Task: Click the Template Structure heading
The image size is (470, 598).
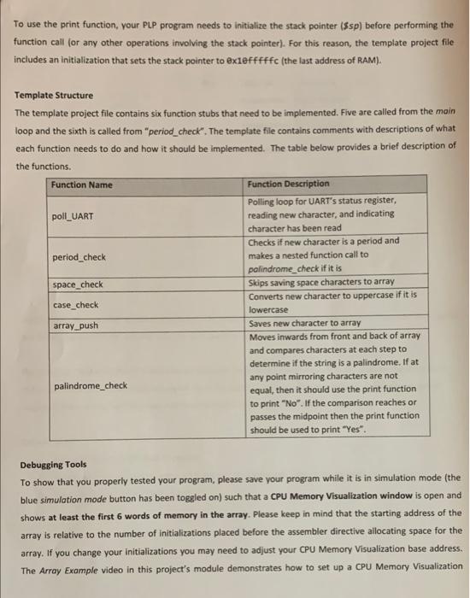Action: pos(54,95)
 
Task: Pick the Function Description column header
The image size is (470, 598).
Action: pos(288,184)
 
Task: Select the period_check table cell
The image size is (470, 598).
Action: pos(79,256)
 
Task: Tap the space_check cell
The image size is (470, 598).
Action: pos(78,285)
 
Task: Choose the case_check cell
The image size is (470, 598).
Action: pos(75,305)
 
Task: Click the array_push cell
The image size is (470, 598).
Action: pos(76,326)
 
